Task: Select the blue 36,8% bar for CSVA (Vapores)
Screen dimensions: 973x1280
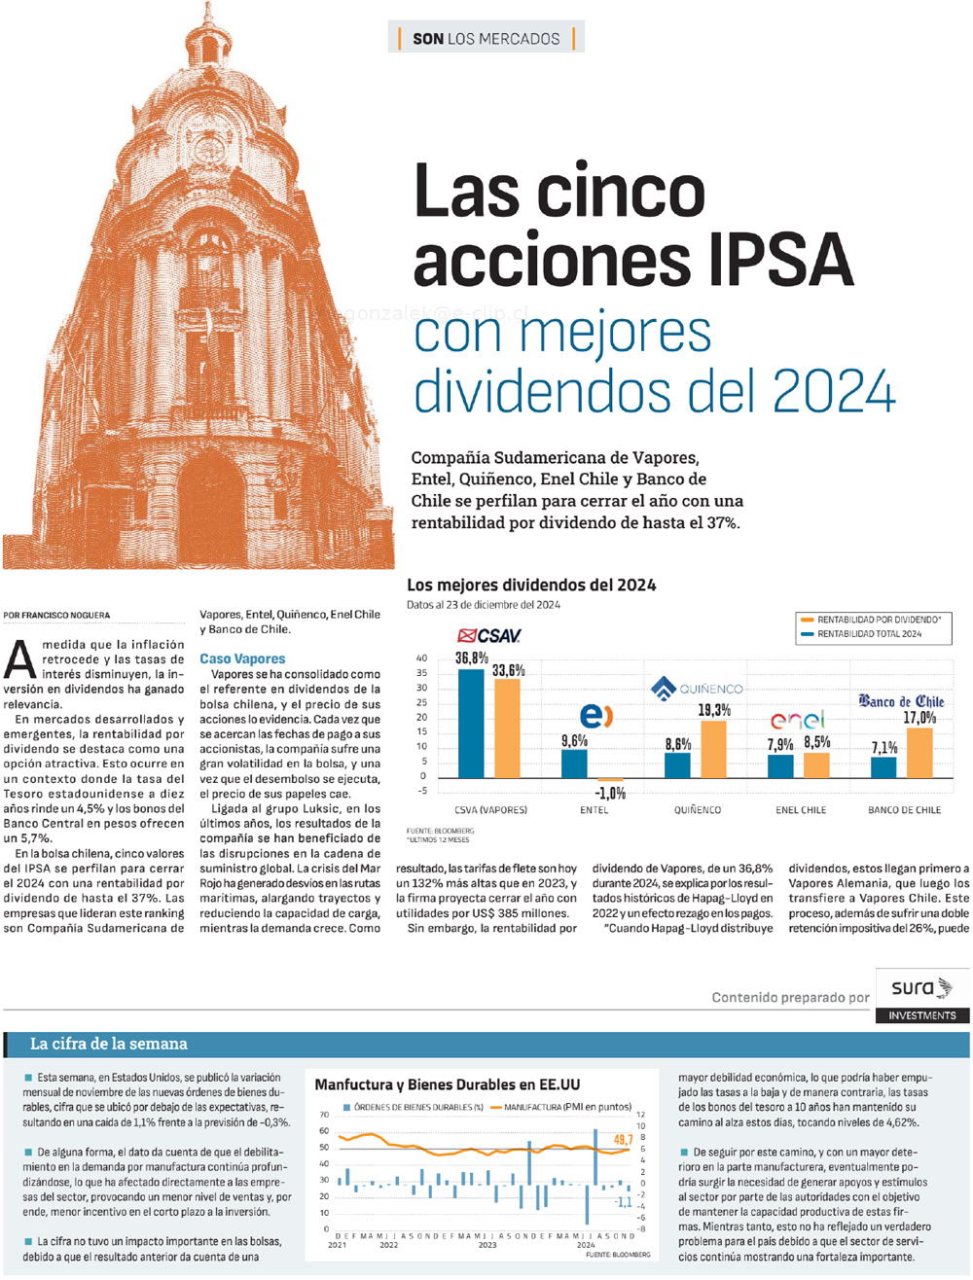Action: click(x=471, y=723)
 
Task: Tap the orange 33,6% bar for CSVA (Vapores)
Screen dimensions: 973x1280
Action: click(x=507, y=729)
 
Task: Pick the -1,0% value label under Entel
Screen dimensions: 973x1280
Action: click(x=610, y=793)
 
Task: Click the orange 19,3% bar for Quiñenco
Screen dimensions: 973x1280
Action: click(x=713, y=749)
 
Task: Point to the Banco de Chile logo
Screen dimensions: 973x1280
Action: click(x=901, y=701)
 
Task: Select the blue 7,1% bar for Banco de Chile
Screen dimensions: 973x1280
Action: click(x=883, y=767)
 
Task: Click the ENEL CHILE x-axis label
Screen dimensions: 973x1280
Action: click(x=801, y=810)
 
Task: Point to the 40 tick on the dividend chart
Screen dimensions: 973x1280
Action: click(x=421, y=658)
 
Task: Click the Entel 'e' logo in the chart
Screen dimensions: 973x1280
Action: click(x=596, y=716)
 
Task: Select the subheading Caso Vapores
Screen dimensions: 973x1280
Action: click(x=242, y=658)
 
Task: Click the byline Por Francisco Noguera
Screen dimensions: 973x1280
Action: click(x=56, y=616)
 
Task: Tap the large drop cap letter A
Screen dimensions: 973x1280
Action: click(x=19, y=659)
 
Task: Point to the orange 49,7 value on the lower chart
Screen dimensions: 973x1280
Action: click(x=623, y=1140)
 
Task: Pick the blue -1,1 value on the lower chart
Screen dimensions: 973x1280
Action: click(x=623, y=1202)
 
